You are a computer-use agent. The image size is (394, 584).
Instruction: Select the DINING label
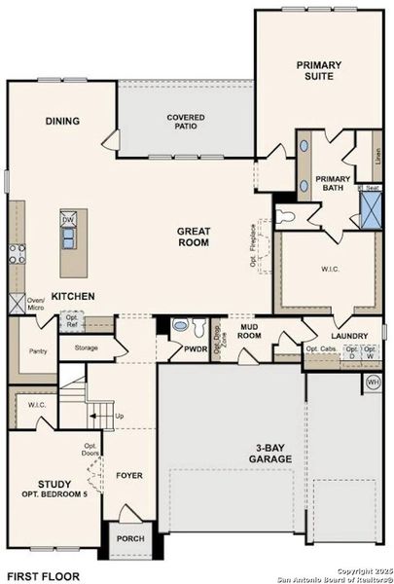point(61,122)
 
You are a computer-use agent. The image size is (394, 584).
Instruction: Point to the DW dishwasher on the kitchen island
point(68,220)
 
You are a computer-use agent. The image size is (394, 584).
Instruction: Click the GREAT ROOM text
point(194,238)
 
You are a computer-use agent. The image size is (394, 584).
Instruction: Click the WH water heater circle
point(373,383)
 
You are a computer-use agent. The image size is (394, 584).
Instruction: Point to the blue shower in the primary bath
point(371,209)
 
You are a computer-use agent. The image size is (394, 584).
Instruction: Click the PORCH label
point(129,538)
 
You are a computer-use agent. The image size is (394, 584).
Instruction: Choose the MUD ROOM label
point(249,329)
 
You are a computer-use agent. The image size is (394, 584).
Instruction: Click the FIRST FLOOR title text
point(43,575)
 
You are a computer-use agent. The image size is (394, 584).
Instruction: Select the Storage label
point(85,346)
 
